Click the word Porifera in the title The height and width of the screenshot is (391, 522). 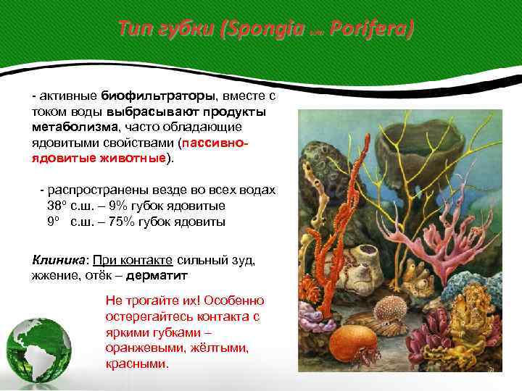pos(372,30)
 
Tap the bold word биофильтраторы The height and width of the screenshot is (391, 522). pos(157,96)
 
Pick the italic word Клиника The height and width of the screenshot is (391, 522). pos(59,259)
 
